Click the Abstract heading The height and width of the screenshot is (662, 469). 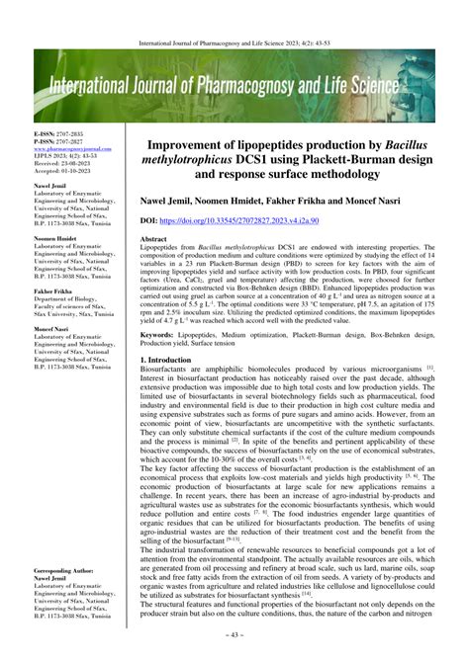click(x=153, y=239)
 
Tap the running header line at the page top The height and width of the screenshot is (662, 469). click(x=234, y=43)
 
